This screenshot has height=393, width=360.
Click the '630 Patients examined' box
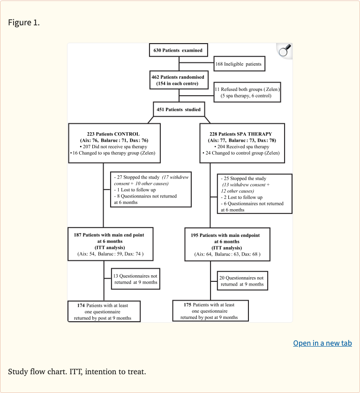pyautogui.click(x=178, y=50)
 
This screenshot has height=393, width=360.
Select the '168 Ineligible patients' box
pyautogui.click(x=239, y=64)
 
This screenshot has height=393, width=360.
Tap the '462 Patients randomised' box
pyautogui.click(x=178, y=80)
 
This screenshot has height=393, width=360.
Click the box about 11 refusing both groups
pyautogui.click(x=247, y=92)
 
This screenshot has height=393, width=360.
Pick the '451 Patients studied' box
pyautogui.click(x=179, y=110)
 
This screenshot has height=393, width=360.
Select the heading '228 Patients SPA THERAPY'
pyautogui.click(x=241, y=134)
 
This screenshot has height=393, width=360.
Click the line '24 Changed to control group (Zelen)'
pyautogui.click(x=242, y=153)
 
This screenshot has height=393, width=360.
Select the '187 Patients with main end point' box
pyautogui.click(x=110, y=243)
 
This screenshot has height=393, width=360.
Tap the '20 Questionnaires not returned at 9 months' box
pyautogui.click(x=242, y=281)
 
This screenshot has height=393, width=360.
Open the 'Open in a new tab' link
pyautogui.click(x=322, y=343)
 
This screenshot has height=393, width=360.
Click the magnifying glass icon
pyautogui.click(x=284, y=51)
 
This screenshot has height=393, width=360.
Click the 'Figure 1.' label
pyautogui.click(x=24, y=23)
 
